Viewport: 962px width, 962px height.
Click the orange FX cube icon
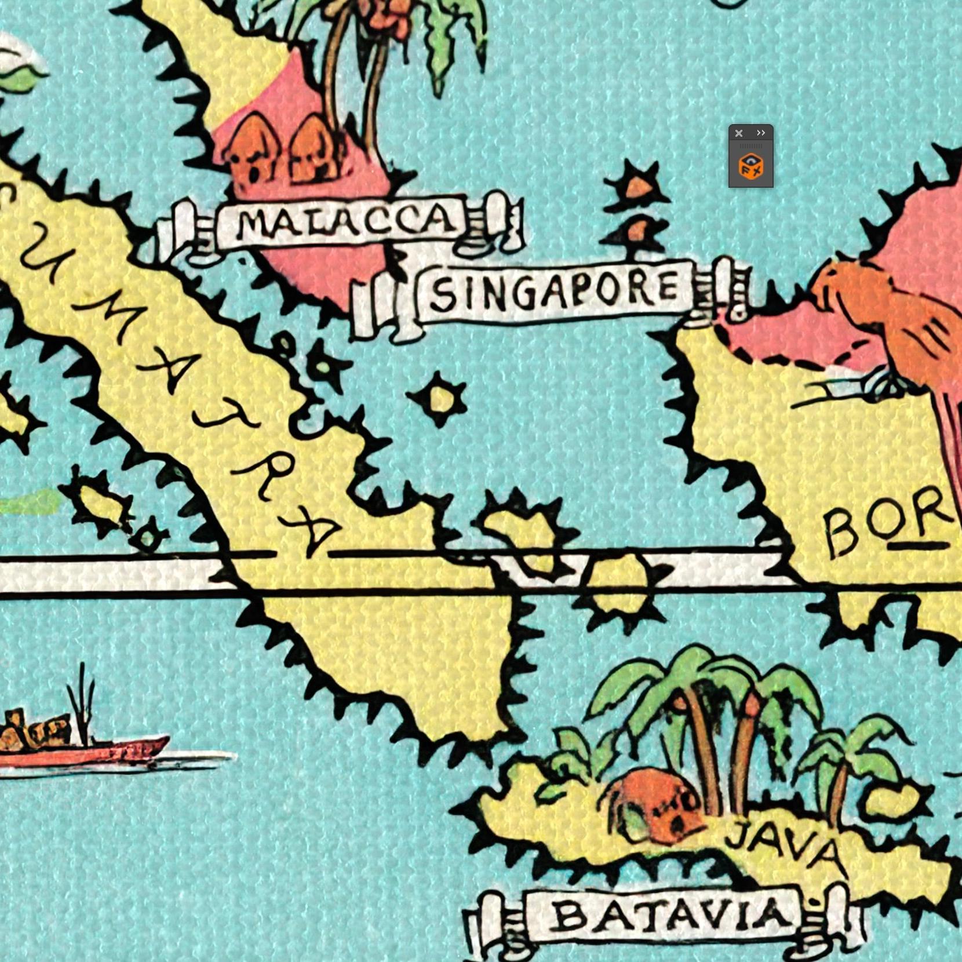(x=751, y=167)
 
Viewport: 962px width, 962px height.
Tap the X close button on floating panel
(x=739, y=133)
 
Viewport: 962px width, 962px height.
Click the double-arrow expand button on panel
(x=761, y=133)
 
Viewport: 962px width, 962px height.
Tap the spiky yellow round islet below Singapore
(x=440, y=399)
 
